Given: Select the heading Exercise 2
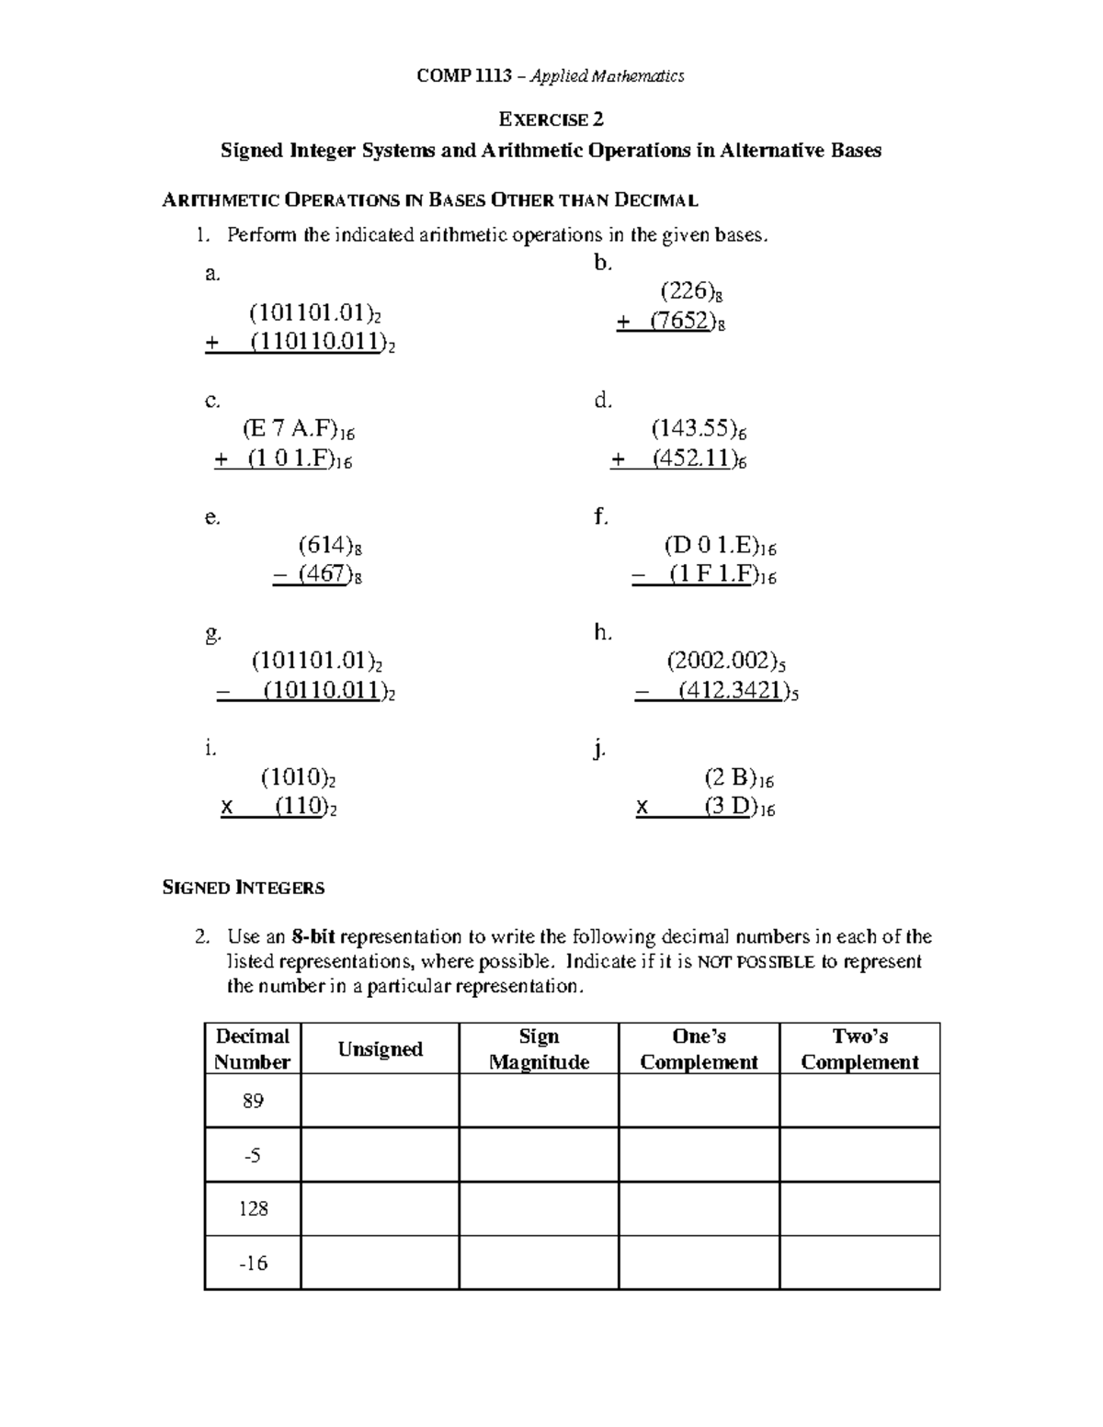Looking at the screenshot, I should pyautogui.click(x=551, y=119).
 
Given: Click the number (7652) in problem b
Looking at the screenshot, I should pyautogui.click(x=680, y=322).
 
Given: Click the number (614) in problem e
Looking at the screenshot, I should pyautogui.click(x=324, y=545).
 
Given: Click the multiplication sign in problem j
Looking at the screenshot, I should pyautogui.click(x=642, y=808).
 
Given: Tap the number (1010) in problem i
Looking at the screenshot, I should pyautogui.click(x=293, y=777).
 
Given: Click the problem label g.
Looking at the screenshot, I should pyautogui.click(x=212, y=633).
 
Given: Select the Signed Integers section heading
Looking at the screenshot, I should pyautogui.click(x=243, y=888).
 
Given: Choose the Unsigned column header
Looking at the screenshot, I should pyautogui.click(x=380, y=1049).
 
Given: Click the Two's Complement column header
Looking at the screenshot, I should pyautogui.click(x=859, y=1049).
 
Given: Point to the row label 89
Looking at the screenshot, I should pyautogui.click(x=253, y=1101).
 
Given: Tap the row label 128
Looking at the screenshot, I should pyautogui.click(x=253, y=1208).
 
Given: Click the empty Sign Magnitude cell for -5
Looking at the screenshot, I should pyautogui.click(x=539, y=1155).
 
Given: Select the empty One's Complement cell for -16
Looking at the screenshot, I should pyautogui.click(x=699, y=1263).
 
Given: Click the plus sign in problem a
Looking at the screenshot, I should pyautogui.click(x=212, y=344).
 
